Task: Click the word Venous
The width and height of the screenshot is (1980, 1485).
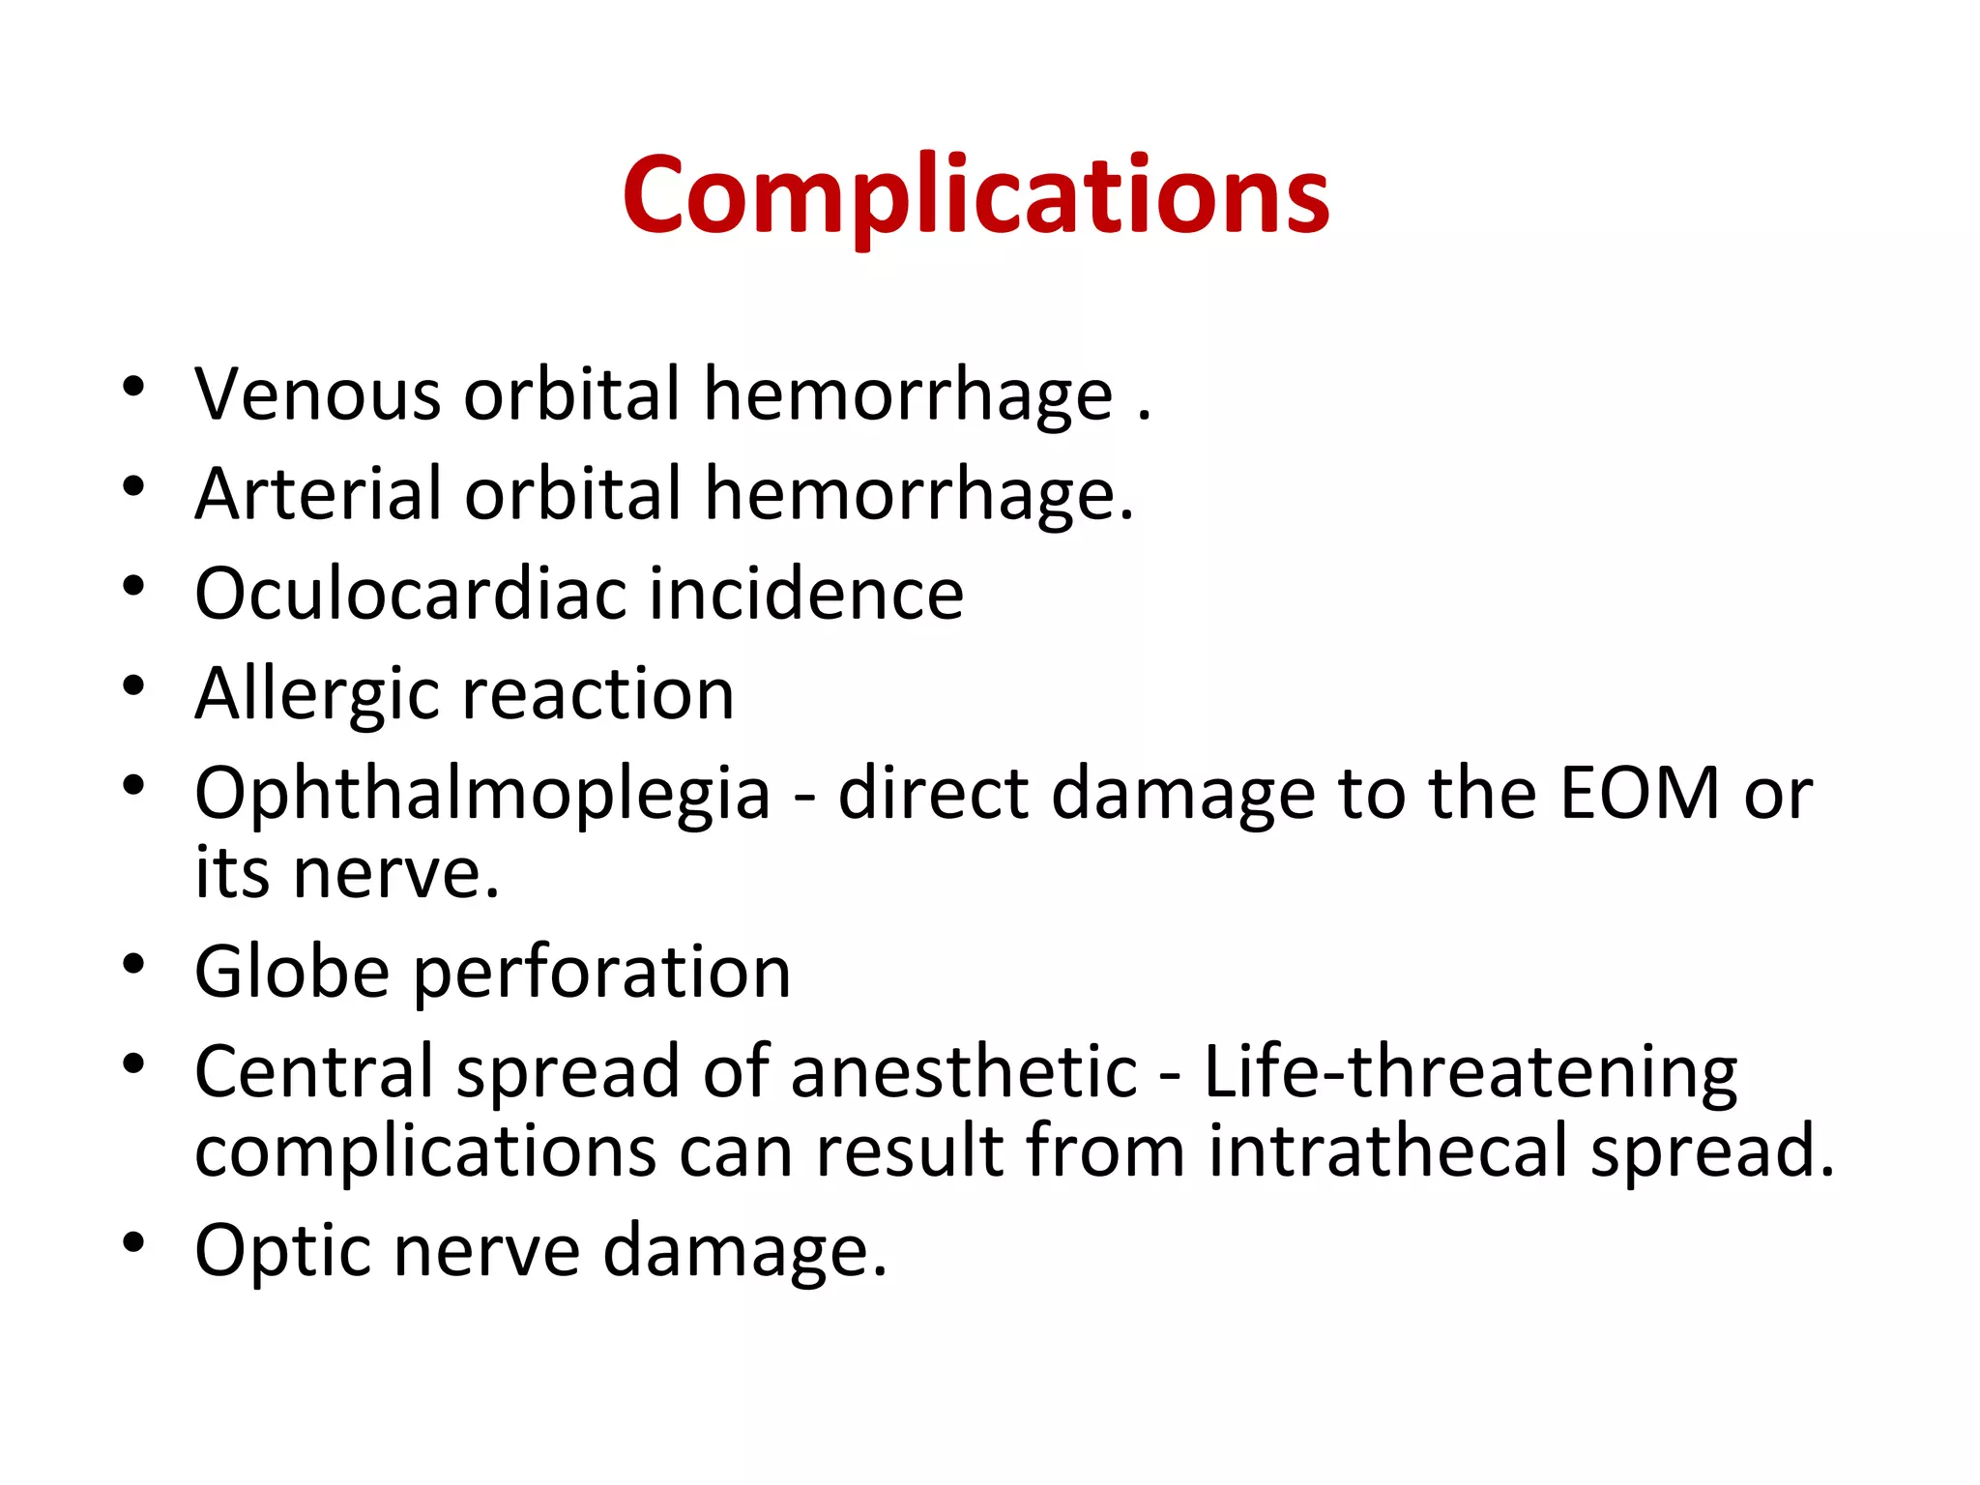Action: coord(317,395)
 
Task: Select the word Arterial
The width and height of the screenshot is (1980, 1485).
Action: coord(317,495)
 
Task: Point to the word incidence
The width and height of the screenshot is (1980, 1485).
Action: coord(806,594)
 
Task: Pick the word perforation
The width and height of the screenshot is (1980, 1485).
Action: coord(602,974)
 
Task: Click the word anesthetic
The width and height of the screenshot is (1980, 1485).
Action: coord(964,1072)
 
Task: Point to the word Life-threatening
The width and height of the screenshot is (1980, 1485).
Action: coord(1470,1072)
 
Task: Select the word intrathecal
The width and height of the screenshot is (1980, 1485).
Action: coord(1388,1151)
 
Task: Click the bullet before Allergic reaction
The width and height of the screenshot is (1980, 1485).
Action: coord(133,686)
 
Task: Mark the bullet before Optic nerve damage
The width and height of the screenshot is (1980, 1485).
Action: coord(133,1242)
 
